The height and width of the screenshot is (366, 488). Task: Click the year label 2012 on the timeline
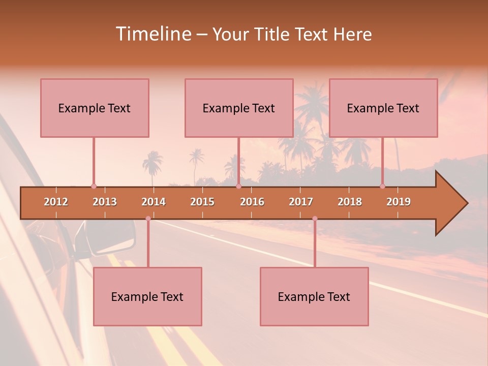click(56, 202)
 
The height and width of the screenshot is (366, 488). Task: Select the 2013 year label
click(105, 202)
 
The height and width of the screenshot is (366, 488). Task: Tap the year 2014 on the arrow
click(154, 202)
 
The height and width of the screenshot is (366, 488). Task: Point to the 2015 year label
click(202, 202)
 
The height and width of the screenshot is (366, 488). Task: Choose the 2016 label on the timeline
click(252, 202)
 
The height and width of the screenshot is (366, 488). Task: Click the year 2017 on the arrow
click(301, 202)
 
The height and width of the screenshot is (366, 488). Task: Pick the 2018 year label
click(350, 202)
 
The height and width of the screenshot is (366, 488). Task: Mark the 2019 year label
click(399, 202)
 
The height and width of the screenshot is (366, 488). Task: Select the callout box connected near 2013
click(95, 108)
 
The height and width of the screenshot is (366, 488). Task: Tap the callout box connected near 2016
click(239, 108)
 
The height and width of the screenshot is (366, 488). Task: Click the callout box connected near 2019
click(383, 108)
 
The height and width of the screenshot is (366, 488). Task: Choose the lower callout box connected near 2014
click(147, 296)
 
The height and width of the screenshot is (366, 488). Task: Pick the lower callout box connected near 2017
click(314, 296)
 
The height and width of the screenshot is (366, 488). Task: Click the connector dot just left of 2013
click(94, 187)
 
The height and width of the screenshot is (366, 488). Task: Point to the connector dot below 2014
click(148, 219)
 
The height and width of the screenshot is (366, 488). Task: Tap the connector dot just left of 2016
click(238, 187)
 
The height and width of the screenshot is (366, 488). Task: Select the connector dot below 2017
click(315, 219)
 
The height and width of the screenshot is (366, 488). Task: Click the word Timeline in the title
click(152, 34)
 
